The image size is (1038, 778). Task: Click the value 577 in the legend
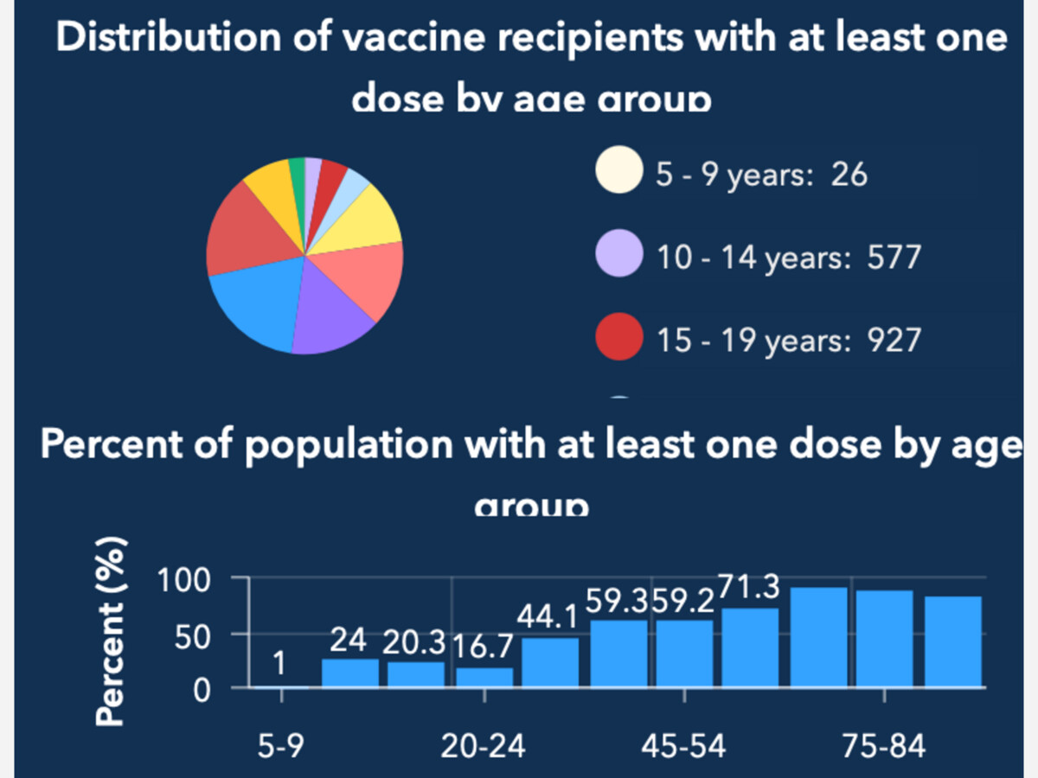(x=894, y=257)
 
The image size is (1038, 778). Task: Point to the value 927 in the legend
(x=894, y=340)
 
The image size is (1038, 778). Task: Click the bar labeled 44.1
(x=550, y=662)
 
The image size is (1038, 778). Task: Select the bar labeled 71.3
(x=750, y=647)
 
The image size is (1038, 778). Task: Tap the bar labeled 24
(x=350, y=673)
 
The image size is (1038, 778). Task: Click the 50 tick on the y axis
(x=196, y=636)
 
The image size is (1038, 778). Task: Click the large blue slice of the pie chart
(x=252, y=308)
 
